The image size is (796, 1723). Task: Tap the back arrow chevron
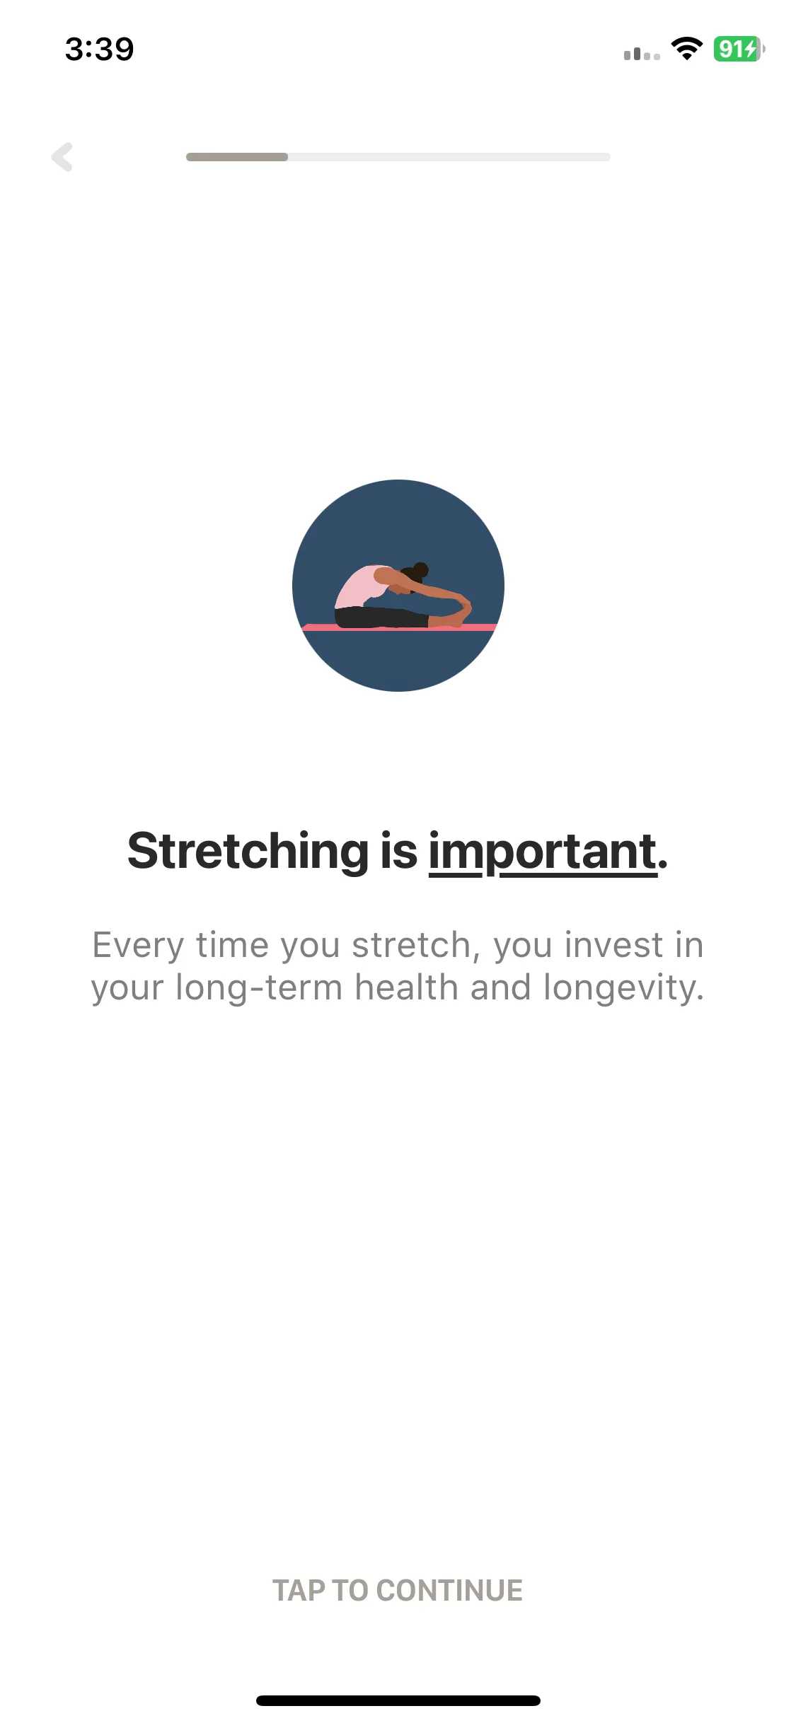62,157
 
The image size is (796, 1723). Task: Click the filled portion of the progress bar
237,157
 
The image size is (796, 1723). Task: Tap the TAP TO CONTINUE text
398,1591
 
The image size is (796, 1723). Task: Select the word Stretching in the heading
248,851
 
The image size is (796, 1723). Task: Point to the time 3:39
99,50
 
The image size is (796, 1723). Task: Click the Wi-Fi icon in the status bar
686,48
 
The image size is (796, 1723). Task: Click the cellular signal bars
642,53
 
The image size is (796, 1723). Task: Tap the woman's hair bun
420,570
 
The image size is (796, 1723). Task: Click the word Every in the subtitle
139,946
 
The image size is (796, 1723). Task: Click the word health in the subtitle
407,987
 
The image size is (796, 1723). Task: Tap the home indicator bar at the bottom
398,1700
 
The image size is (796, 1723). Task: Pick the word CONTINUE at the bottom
449,1591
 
